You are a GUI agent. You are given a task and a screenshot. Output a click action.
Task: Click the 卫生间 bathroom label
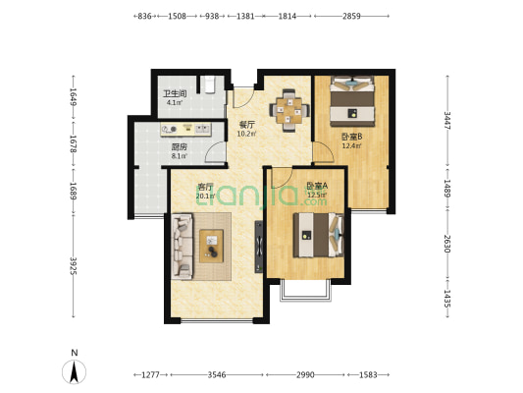[175, 93]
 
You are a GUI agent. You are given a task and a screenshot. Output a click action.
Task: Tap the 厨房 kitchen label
[180, 147]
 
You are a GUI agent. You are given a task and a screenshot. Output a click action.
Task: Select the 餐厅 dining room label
[247, 125]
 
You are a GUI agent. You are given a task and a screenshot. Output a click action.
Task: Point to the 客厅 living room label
[205, 187]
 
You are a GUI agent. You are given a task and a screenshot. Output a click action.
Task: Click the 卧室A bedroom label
[317, 186]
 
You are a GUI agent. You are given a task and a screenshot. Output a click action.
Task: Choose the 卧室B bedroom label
[352, 137]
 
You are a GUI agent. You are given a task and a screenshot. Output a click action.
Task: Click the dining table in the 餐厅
[289, 110]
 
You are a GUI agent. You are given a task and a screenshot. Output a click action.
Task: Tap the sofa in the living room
[183, 247]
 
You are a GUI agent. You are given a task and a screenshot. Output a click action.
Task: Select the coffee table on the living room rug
[212, 246]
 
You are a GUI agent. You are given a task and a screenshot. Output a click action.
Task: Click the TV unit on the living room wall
[259, 247]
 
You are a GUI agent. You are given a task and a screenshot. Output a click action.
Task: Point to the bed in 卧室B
[352, 101]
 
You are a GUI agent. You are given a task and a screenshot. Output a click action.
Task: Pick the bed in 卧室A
[319, 236]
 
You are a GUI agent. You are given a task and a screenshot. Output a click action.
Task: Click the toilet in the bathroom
[209, 84]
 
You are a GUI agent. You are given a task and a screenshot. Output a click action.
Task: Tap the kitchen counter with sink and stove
[185, 130]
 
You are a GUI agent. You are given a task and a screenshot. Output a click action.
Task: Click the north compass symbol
[74, 371]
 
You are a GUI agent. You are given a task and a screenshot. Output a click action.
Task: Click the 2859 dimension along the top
[351, 16]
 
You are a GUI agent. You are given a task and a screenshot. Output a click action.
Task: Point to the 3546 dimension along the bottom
[217, 375]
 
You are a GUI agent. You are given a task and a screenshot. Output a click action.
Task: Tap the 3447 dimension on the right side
[447, 121]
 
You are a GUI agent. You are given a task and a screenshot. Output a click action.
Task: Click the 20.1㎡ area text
[205, 196]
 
